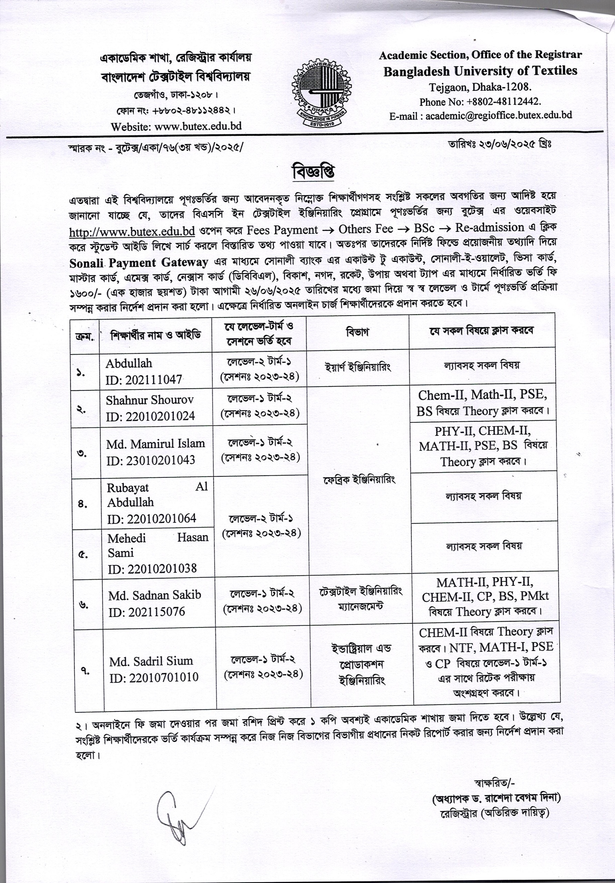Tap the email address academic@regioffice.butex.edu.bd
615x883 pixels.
498,115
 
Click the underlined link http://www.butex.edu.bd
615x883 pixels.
132,231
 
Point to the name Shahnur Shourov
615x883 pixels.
150,400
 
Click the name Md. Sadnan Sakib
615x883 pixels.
154,595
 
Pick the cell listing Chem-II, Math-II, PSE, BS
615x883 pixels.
483,403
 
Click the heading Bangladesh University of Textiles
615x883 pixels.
480,71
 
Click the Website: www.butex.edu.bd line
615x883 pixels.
176,126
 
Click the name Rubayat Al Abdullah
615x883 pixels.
157,495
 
